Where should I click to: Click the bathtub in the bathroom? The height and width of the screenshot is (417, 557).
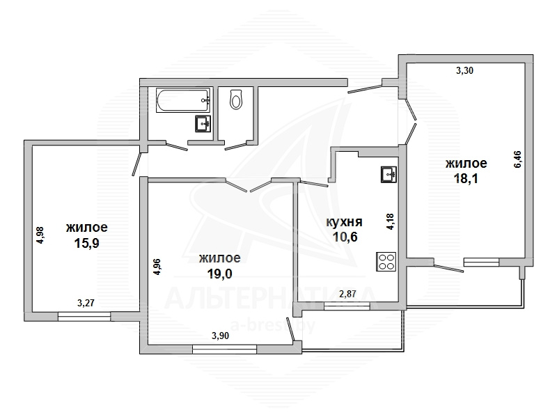(x=183, y=100)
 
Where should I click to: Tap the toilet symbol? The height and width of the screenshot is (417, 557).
(x=236, y=99)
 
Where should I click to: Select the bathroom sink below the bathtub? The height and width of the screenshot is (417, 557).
(x=203, y=124)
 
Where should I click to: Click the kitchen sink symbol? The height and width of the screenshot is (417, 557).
(x=389, y=175)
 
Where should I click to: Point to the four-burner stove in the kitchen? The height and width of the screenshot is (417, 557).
(x=386, y=262)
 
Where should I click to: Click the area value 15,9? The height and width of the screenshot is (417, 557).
(x=86, y=244)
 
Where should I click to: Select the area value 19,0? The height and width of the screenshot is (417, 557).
(x=219, y=274)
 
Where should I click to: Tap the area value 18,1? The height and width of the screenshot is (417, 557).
(x=466, y=178)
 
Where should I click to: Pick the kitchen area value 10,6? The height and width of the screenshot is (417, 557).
(x=345, y=237)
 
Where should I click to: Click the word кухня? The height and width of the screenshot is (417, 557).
(x=344, y=222)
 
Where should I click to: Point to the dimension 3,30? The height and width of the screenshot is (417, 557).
(x=464, y=71)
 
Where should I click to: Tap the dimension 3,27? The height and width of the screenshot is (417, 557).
(x=86, y=303)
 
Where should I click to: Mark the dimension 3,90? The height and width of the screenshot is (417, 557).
(x=220, y=336)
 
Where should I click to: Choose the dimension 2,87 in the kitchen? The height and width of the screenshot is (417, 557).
(x=347, y=294)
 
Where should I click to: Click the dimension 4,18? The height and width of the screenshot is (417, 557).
(x=390, y=221)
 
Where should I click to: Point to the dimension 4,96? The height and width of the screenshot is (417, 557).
(x=157, y=267)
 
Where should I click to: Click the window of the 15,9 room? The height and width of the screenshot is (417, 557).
(x=84, y=316)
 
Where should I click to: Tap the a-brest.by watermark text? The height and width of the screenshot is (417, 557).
(x=273, y=325)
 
